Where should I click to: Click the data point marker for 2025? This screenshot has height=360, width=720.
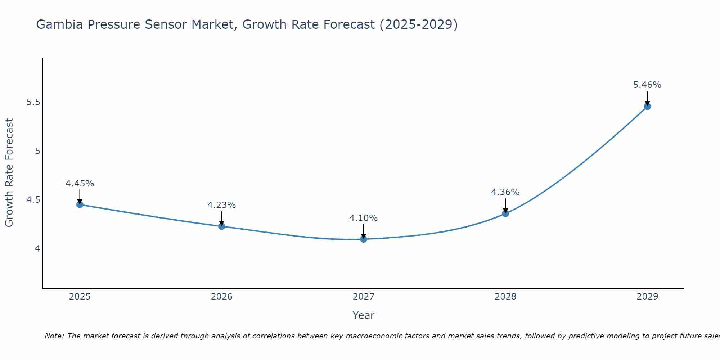click(80, 204)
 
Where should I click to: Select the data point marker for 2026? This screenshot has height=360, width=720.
click(221, 226)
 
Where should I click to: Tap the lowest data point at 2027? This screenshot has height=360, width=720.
click(363, 239)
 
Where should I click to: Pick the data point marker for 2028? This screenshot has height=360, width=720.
click(505, 213)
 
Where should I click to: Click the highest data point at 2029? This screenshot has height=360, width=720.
click(647, 106)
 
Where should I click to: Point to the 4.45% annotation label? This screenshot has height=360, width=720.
click(80, 184)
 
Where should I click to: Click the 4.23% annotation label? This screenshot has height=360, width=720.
click(221, 205)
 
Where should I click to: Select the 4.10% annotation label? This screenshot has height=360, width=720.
click(363, 218)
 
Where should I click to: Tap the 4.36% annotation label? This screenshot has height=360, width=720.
click(505, 192)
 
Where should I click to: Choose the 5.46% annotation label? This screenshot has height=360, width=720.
click(647, 85)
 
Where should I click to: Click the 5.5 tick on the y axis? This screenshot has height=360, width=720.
click(33, 102)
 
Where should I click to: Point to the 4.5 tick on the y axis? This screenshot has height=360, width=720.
click(33, 200)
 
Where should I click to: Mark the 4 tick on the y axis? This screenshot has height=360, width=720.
click(37, 248)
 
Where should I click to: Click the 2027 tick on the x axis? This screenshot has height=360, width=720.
click(363, 297)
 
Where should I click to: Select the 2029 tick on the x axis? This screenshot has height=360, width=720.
click(647, 297)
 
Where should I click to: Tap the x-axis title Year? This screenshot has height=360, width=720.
click(363, 315)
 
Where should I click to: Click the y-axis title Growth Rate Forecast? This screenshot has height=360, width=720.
click(9, 173)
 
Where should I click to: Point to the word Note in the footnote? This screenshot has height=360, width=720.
click(54, 336)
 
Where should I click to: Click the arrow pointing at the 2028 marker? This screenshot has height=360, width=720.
click(505, 206)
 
